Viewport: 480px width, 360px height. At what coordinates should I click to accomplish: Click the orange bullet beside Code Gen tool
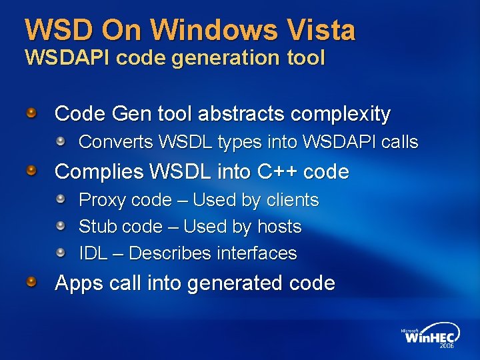(31, 113)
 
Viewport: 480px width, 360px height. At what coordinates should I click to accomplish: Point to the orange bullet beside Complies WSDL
(31, 171)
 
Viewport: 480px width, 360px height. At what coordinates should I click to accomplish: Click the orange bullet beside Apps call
(31, 283)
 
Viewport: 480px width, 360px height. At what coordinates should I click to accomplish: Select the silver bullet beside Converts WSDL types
(61, 141)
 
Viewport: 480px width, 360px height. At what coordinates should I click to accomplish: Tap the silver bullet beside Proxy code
(61, 199)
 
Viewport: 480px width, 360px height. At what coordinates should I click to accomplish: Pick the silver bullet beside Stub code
(61, 226)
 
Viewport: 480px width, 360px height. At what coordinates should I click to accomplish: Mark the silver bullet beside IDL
(61, 253)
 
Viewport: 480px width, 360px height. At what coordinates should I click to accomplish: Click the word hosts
(279, 227)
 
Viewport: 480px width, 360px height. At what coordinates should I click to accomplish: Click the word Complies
(99, 172)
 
